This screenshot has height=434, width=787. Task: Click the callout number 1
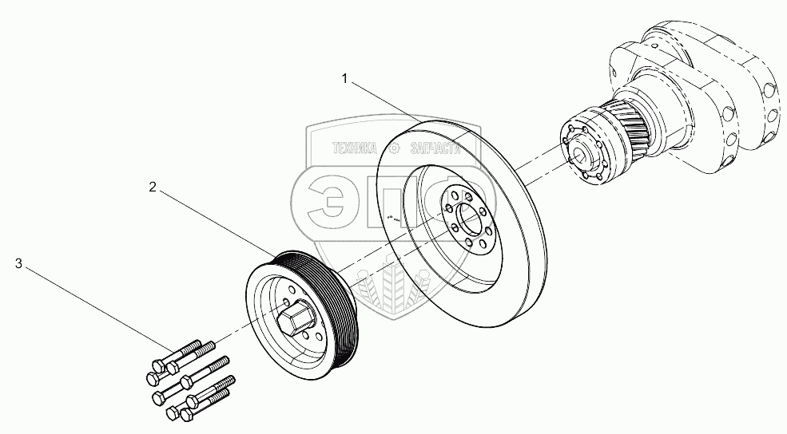pyautogui.click(x=344, y=78)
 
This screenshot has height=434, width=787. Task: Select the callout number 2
pyautogui.click(x=152, y=187)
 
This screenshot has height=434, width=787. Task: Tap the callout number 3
pyautogui.click(x=18, y=262)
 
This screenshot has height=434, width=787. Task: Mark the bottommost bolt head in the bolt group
pyautogui.click(x=187, y=416)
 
